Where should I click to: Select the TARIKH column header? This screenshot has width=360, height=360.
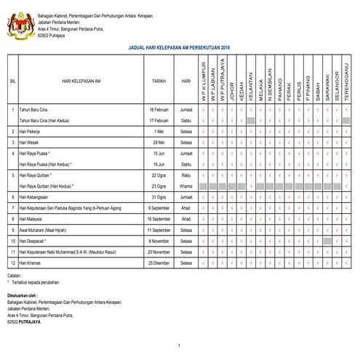[x=159, y=81]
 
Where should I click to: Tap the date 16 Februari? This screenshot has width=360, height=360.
[x=159, y=109]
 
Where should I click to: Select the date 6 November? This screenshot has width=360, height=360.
[x=159, y=240]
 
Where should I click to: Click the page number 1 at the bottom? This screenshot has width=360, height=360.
[x=179, y=344]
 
